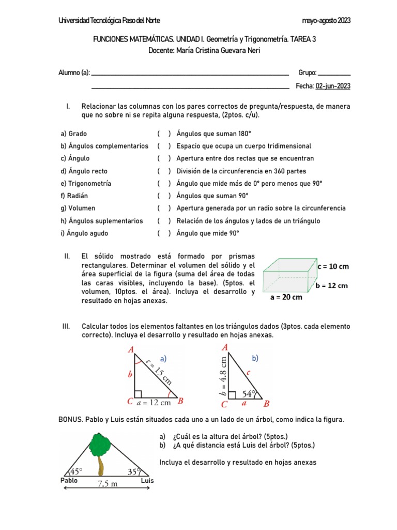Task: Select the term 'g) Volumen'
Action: point(78,208)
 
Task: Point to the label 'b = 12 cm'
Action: point(331,285)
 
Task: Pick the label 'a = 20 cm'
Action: point(286,297)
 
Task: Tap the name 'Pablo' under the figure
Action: point(69,480)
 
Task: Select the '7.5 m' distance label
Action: point(108,483)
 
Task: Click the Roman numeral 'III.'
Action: point(66,327)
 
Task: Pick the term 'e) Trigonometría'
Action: point(86,183)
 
